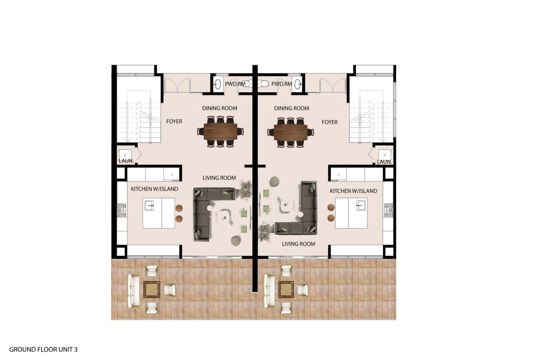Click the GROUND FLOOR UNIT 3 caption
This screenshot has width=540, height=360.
[x=44, y=349]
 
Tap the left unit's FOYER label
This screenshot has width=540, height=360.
[x=174, y=121]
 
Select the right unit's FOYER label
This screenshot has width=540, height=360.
[x=330, y=122]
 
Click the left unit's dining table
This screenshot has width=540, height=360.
[x=220, y=132]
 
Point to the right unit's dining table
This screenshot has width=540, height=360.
[x=290, y=132]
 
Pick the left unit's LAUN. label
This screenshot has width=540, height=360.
[x=126, y=161]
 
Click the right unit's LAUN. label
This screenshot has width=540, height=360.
[x=384, y=162]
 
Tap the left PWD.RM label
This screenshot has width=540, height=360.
[x=235, y=84]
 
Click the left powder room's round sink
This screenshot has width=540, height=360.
[x=218, y=84]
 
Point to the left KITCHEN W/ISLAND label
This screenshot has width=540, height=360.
[x=155, y=189]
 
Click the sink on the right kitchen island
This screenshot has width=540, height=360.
[x=361, y=205]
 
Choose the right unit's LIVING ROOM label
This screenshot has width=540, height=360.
[x=298, y=244]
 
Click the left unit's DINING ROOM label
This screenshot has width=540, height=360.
[x=220, y=109]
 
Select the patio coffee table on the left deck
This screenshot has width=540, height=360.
[x=152, y=290]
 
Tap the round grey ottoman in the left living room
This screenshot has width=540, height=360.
[x=236, y=241]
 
